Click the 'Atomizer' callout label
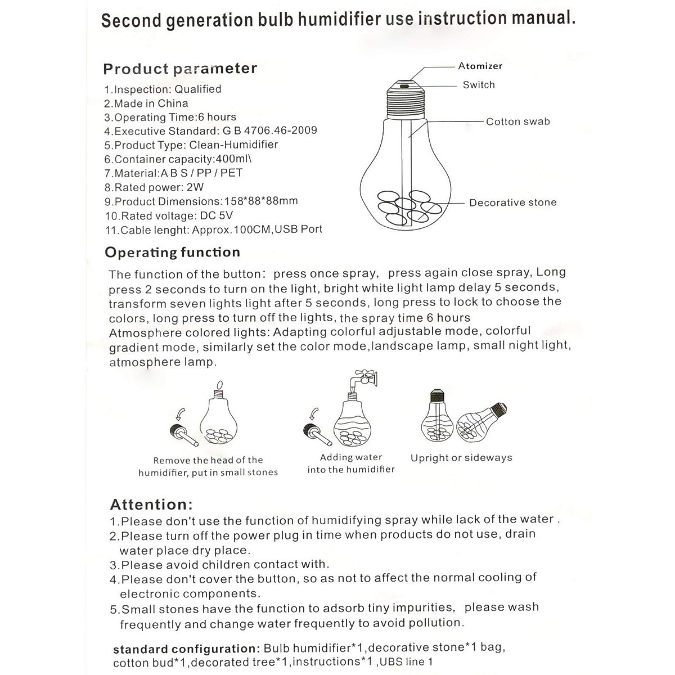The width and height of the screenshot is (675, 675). (x=480, y=66)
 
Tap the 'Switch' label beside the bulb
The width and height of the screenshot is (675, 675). (x=479, y=85)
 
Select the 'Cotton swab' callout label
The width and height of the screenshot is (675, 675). (x=517, y=121)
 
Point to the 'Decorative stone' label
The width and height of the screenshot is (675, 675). (x=512, y=202)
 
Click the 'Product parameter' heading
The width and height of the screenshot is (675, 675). (x=180, y=69)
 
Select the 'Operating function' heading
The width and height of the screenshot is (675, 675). (x=172, y=252)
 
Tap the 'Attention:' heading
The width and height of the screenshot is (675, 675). (x=151, y=504)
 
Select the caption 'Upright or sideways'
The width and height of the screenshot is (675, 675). (x=461, y=458)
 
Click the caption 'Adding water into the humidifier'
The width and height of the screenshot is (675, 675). (x=351, y=463)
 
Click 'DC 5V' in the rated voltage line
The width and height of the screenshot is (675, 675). (x=216, y=215)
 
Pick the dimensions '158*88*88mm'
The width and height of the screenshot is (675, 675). (x=261, y=201)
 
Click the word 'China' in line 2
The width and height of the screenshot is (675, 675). (x=173, y=103)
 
